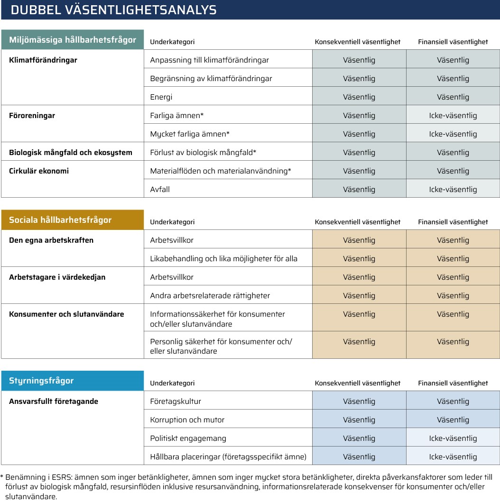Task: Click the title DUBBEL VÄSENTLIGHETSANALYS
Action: pos(113,10)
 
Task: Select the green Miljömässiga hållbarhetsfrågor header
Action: pos(73,40)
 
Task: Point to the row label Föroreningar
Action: pos(32,116)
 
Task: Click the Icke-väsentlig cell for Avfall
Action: pos(453,190)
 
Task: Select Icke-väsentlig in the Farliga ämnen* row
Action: pos(453,116)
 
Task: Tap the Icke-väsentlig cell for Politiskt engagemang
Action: pos(453,438)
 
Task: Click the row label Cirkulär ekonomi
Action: pos(39,171)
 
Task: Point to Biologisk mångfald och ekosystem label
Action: pos(71,153)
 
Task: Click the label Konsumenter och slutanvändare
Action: pos(66,314)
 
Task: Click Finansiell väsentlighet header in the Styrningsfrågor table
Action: pos(453,383)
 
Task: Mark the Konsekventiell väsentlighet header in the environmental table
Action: pos(358,42)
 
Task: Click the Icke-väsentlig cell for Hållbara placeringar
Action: pos(453,457)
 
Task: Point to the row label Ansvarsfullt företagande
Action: pos(54,402)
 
